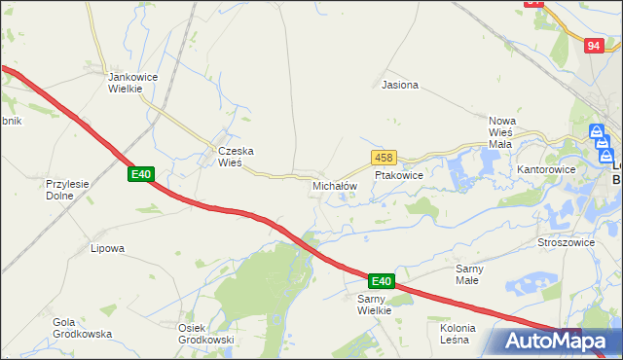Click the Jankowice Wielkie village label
coord(125,83)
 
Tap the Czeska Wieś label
coord(235,157)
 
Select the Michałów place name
coord(335,185)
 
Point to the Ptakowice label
coord(398,176)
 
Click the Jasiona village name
coord(400,85)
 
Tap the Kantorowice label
coord(546,169)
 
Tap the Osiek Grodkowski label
coord(206,334)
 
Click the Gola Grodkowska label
coord(77,328)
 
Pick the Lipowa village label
coord(107,248)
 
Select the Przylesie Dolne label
coord(67,189)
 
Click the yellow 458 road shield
coord(382,158)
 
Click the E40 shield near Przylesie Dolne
coord(141,174)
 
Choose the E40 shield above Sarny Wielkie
coord(382,281)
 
